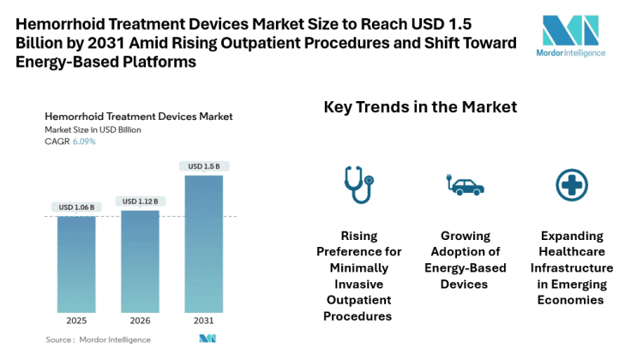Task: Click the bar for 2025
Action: [76, 264]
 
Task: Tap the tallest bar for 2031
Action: [203, 243]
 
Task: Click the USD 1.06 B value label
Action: [76, 207]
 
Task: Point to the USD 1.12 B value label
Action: [140, 201]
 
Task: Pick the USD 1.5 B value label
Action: [203, 165]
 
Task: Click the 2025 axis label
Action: [76, 322]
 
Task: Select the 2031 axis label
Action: [203, 322]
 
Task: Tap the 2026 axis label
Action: [140, 322]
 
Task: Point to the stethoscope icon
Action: [357, 183]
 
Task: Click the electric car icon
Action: [464, 184]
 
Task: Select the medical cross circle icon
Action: [570, 183]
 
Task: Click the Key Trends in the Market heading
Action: [420, 107]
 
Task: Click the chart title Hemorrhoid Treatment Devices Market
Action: [138, 117]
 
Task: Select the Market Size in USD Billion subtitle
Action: [93, 129]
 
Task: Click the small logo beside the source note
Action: [207, 339]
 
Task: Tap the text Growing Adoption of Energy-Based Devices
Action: [464, 260]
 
